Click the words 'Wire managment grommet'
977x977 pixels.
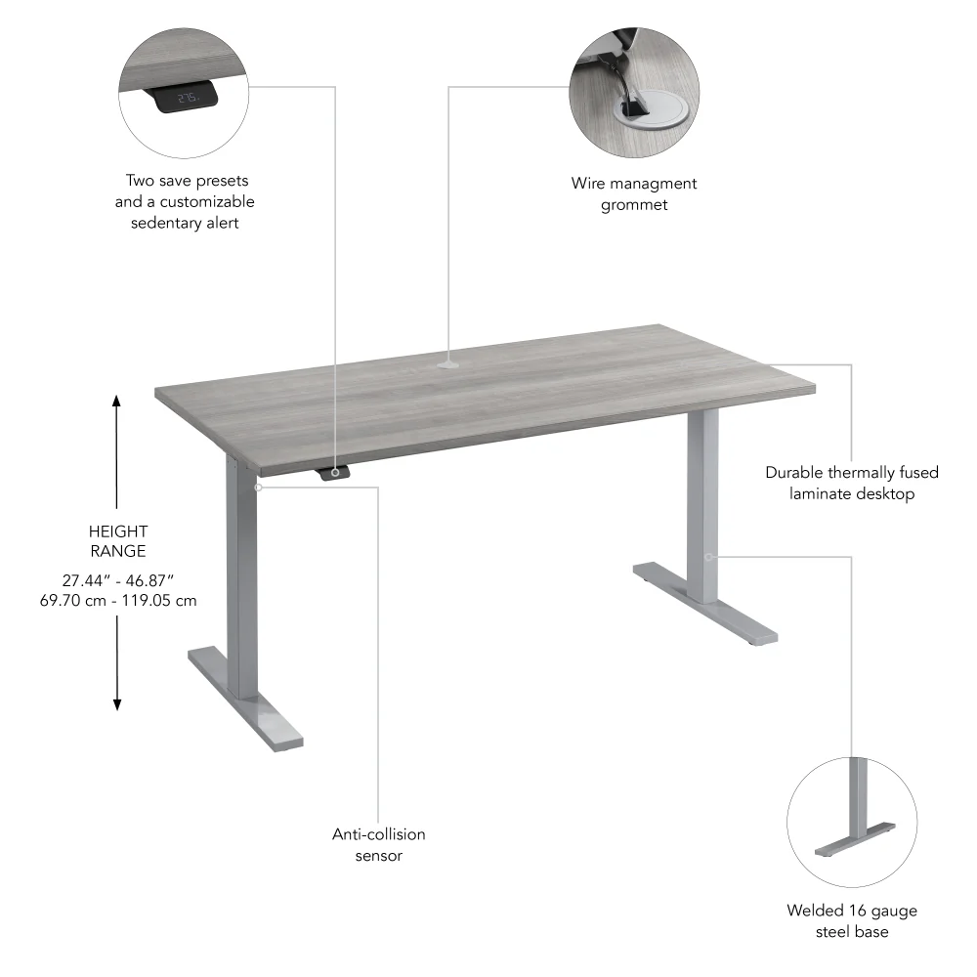click(634, 193)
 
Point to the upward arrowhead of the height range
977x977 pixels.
click(117, 401)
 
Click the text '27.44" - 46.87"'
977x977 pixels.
click(117, 579)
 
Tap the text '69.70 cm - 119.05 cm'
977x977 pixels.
click(117, 600)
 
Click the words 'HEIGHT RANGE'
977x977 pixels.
click(117, 541)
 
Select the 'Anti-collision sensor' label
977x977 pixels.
click(379, 845)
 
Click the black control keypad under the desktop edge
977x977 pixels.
click(334, 473)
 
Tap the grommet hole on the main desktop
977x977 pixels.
click(447, 366)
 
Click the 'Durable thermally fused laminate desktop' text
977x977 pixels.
click(851, 483)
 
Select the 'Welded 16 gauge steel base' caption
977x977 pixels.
click(851, 920)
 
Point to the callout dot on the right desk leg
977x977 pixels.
click(708, 557)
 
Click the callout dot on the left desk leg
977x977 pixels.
click(258, 486)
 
